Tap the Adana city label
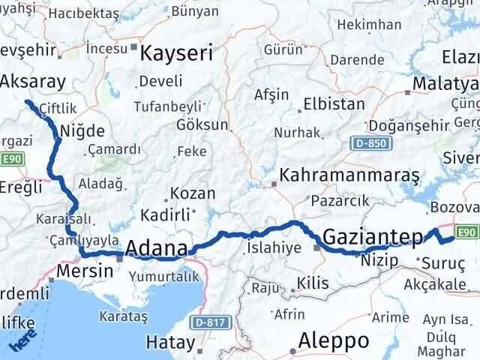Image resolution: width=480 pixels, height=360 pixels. pyautogui.click(x=157, y=248)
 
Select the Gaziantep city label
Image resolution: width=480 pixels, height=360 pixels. pyautogui.click(x=373, y=237)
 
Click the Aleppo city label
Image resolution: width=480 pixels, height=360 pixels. pyautogui.click(x=334, y=341)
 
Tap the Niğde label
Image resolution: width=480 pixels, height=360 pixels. pyautogui.click(x=85, y=130)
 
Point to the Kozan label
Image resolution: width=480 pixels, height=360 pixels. pyautogui.click(x=193, y=193)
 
